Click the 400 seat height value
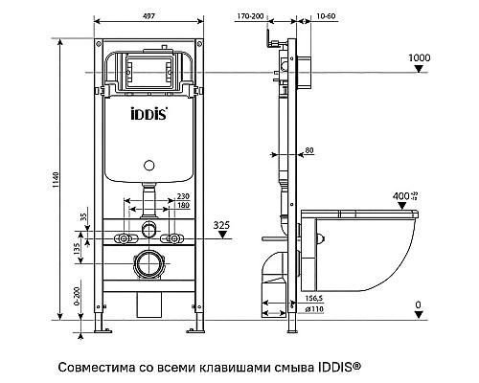click(x=402, y=195)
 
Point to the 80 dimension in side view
click(x=308, y=149)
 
